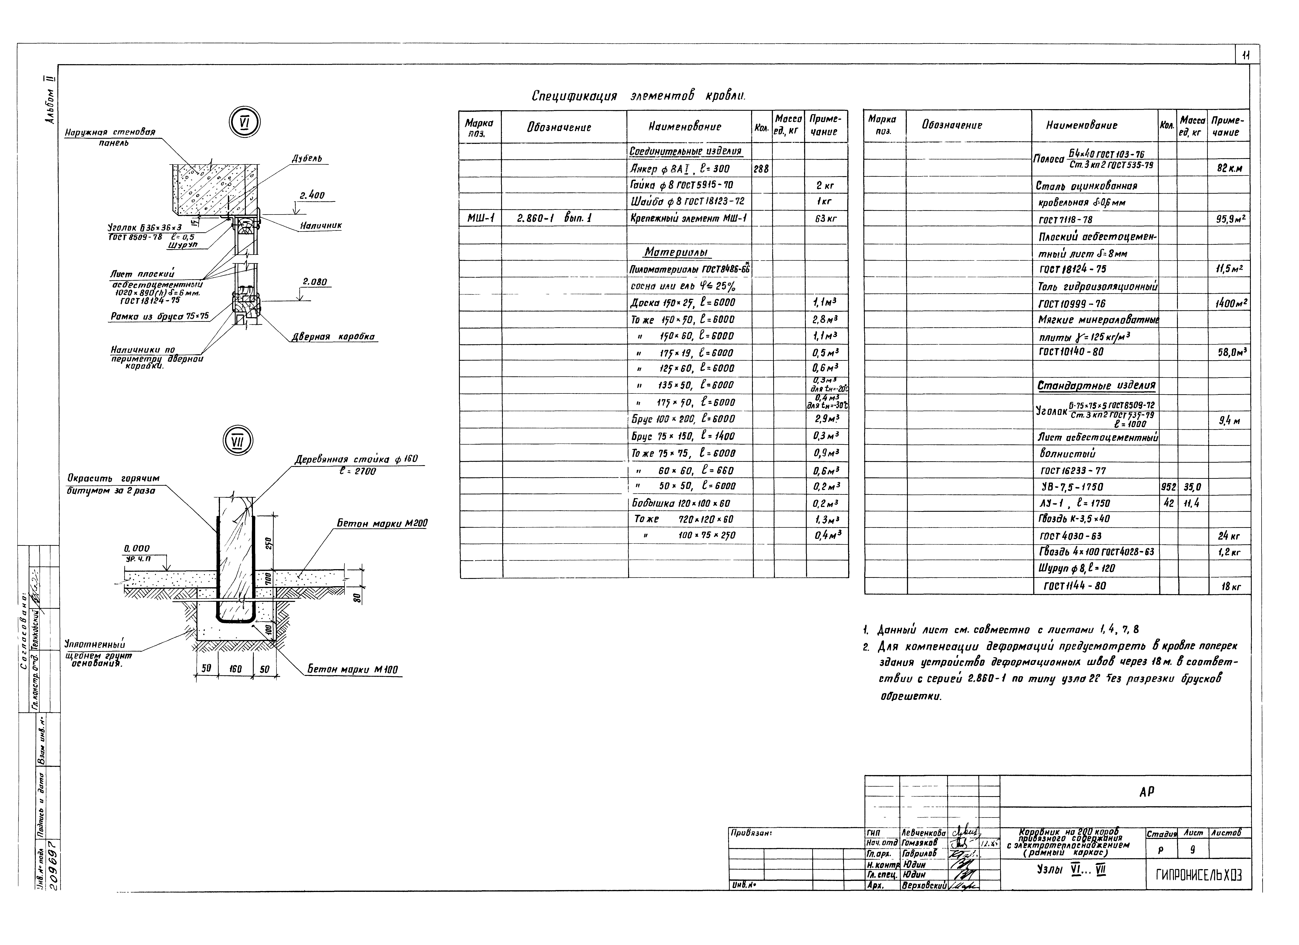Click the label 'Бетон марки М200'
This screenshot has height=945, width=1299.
382,523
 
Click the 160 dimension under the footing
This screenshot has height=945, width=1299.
235,669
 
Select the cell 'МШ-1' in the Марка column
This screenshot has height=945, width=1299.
480,218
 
